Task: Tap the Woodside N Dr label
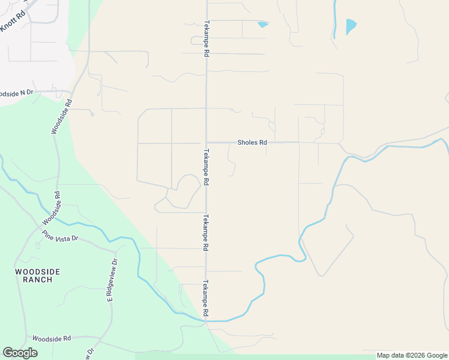tap(16, 93)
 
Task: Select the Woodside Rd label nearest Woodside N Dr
tap(61, 116)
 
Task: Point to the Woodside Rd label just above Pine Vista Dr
tap(53, 208)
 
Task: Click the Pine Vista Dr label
tap(60, 238)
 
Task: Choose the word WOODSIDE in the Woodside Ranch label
tap(37, 271)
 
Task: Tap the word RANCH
tap(37, 280)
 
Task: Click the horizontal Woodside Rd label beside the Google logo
tap(52, 338)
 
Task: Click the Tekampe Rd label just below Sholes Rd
tap(206, 167)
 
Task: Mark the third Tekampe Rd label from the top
tap(206, 232)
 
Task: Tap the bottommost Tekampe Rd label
tap(206, 298)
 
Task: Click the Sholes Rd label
tap(252, 143)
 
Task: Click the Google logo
tap(20, 353)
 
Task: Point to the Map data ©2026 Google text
tap(412, 355)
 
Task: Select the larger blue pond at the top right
tap(351, 26)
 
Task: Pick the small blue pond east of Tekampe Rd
tap(262, 25)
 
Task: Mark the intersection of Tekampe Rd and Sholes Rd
tap(206, 143)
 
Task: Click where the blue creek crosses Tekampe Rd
tap(207, 320)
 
